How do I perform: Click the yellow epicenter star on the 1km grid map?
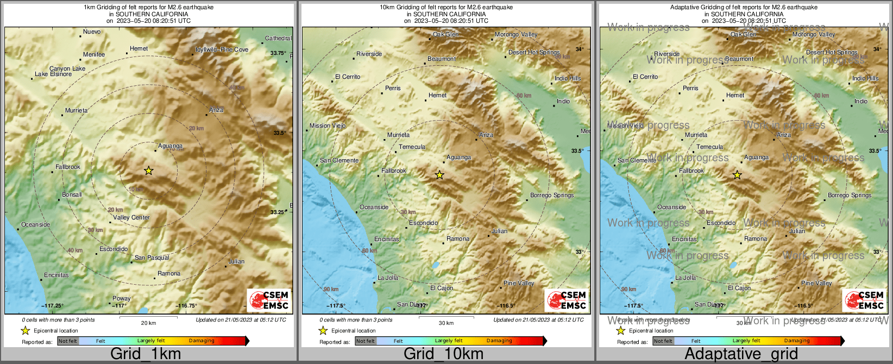[149, 171]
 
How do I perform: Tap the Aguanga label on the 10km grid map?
[458, 158]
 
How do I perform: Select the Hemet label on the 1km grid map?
[139, 48]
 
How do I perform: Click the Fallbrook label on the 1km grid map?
[68, 167]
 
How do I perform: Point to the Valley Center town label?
[131, 217]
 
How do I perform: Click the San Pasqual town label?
[152, 258]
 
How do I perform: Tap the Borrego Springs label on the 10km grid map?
[552, 195]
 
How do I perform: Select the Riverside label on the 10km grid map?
[369, 54]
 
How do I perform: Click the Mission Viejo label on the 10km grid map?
[328, 125]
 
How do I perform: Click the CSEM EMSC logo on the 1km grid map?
[269, 300]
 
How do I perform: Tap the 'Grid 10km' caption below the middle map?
[443, 354]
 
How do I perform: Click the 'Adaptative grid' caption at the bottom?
[741, 354]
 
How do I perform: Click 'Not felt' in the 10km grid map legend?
[366, 341]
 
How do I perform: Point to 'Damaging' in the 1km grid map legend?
[202, 341]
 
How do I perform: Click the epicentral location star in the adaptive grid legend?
[620, 330]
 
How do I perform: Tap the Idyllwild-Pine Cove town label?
[222, 49]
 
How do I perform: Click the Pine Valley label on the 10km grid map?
[519, 283]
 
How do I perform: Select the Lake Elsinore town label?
[53, 74]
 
